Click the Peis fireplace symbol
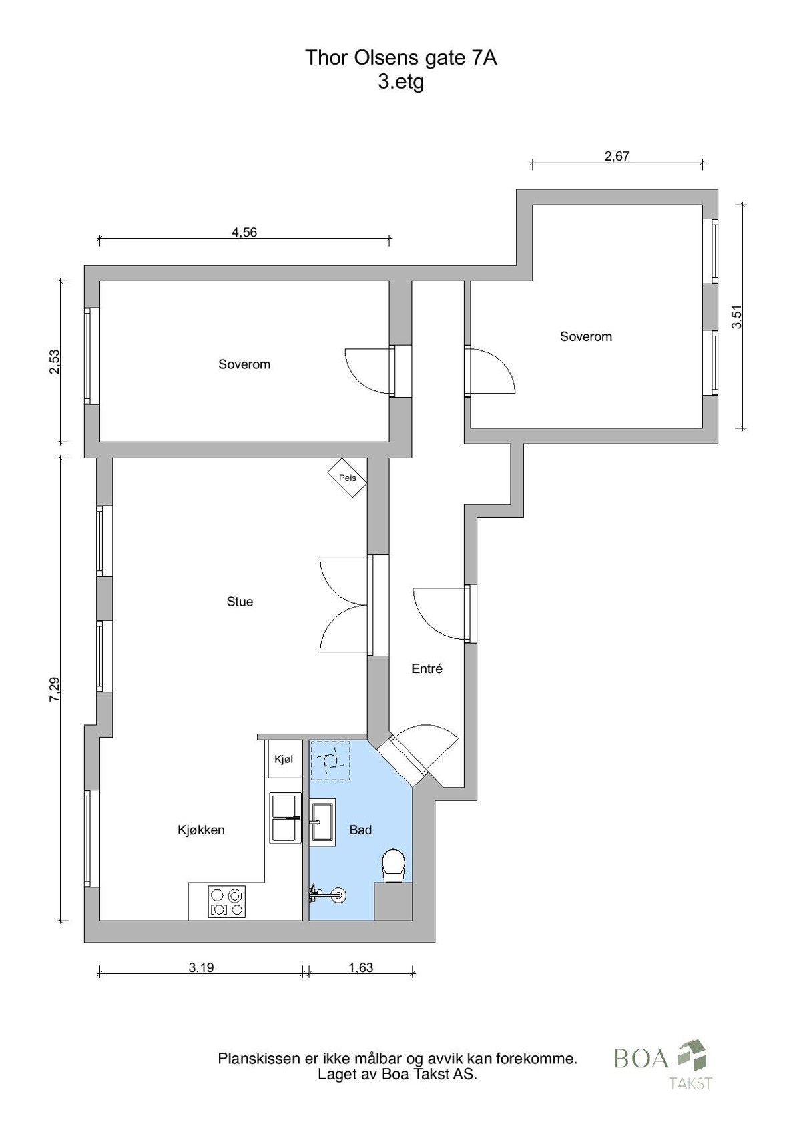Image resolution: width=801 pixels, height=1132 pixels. click(x=347, y=478)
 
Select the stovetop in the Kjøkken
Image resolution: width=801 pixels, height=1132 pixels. click(x=227, y=902)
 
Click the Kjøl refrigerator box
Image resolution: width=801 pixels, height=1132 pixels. click(x=284, y=759)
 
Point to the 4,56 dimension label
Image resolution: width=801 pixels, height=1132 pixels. click(x=244, y=233)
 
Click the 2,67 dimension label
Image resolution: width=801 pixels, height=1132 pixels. click(x=617, y=157)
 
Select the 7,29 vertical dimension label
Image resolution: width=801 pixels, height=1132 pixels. click(x=55, y=689)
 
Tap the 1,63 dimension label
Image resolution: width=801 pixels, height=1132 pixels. click(x=361, y=967)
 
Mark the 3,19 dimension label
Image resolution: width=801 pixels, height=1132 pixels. click(x=201, y=967)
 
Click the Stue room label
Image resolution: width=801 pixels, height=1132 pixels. click(x=240, y=602)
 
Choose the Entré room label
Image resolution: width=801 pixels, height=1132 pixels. click(x=427, y=668)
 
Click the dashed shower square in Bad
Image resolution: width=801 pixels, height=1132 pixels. click(x=330, y=760)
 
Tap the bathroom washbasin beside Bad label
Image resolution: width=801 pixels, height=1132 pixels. click(x=322, y=822)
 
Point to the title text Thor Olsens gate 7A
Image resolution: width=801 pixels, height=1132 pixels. click(x=400, y=58)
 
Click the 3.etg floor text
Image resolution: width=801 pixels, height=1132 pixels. click(x=400, y=83)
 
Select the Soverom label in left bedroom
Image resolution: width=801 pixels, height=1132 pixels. click(x=244, y=364)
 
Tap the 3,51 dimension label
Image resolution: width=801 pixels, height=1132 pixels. click(x=737, y=316)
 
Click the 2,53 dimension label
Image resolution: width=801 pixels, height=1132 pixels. click(x=55, y=362)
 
